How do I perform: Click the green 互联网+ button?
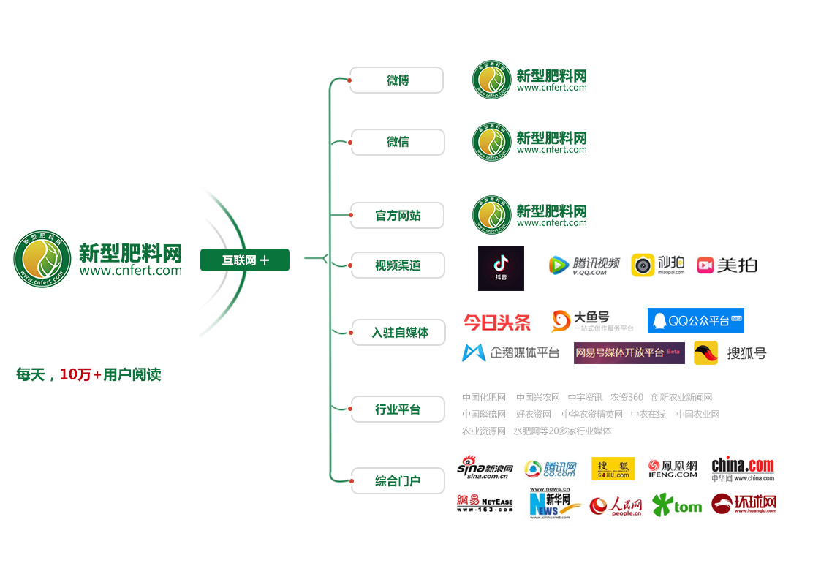tap(245, 260)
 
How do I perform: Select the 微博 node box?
tap(397, 80)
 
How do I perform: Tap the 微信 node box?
tap(398, 142)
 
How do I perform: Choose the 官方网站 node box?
tap(398, 216)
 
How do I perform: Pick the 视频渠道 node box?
tap(398, 265)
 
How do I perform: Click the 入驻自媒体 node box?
tap(399, 333)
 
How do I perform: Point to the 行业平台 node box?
tap(398, 409)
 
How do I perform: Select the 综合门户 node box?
tap(398, 481)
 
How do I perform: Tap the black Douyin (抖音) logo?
tap(501, 268)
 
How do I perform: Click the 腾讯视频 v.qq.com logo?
tap(584, 265)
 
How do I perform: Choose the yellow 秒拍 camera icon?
tap(643, 265)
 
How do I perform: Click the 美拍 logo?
tap(727, 265)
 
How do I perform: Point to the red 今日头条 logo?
tap(497, 322)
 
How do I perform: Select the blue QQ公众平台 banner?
tap(695, 321)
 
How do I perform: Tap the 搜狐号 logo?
tap(730, 353)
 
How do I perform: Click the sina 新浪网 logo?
tap(485, 468)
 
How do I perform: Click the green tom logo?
tap(676, 505)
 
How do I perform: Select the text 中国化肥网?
tap(484, 398)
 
